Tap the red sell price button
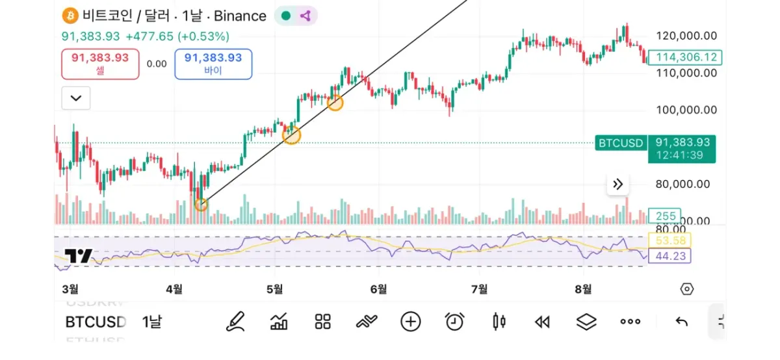click(x=100, y=64)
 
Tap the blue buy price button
click(x=213, y=64)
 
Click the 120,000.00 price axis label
click(x=686, y=36)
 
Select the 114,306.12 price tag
click(x=686, y=57)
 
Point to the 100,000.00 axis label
click(x=686, y=110)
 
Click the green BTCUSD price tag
click(x=621, y=143)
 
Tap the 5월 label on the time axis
click(x=276, y=289)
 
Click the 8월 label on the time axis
click(x=584, y=289)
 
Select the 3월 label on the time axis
click(x=70, y=289)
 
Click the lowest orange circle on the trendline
click(x=201, y=205)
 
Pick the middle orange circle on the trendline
click(x=292, y=135)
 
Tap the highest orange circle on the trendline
click(x=335, y=103)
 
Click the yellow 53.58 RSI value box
click(x=670, y=241)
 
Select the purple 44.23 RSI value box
click(x=670, y=257)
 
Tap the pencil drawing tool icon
click(x=235, y=321)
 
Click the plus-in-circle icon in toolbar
click(x=410, y=321)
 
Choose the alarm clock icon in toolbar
click(x=454, y=321)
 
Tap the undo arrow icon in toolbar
click(x=681, y=321)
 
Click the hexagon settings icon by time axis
click(x=687, y=289)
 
